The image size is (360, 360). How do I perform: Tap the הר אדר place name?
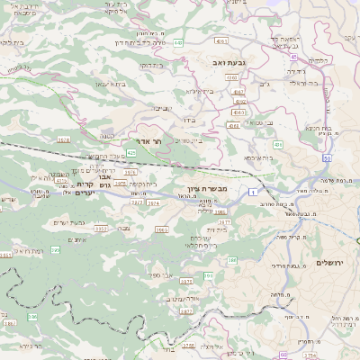click(150, 142)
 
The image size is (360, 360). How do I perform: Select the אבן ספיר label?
click(159, 274)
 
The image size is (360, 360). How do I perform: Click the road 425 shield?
click(131, 153)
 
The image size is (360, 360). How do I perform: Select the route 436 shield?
click(277, 144)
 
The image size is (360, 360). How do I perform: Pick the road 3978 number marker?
click(63, 139)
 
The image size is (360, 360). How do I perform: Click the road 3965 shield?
click(161, 229)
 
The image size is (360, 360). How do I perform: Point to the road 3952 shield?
click(101, 229)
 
